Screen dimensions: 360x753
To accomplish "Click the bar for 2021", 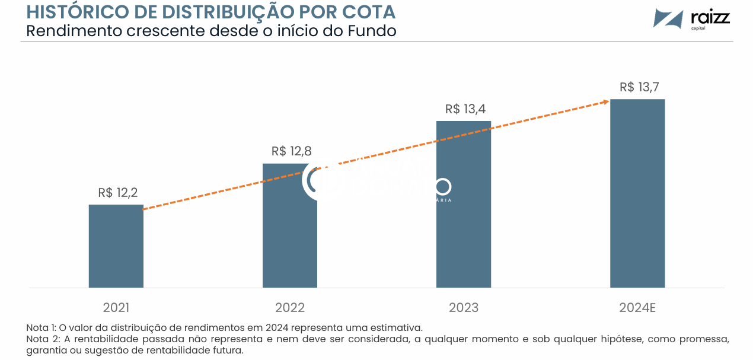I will [116, 246].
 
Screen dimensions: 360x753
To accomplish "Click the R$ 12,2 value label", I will [118, 193].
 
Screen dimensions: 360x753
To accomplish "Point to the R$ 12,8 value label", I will [292, 151].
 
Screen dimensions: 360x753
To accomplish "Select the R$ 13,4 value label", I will [465, 109].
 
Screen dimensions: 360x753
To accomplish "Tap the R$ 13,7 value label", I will [639, 87].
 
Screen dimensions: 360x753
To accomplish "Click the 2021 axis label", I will [116, 308].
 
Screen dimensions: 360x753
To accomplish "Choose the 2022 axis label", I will [290, 308].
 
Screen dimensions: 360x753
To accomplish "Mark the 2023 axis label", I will [464, 308].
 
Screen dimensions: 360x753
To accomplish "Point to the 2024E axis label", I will [637, 308].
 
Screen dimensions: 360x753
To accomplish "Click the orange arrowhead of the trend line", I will [605, 101].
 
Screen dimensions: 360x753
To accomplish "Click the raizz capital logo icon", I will [668, 18].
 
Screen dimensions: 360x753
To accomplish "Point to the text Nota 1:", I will [42, 327].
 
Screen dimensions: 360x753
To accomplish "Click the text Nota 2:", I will [42, 339].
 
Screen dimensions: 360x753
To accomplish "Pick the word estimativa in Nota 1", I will [397, 327].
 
